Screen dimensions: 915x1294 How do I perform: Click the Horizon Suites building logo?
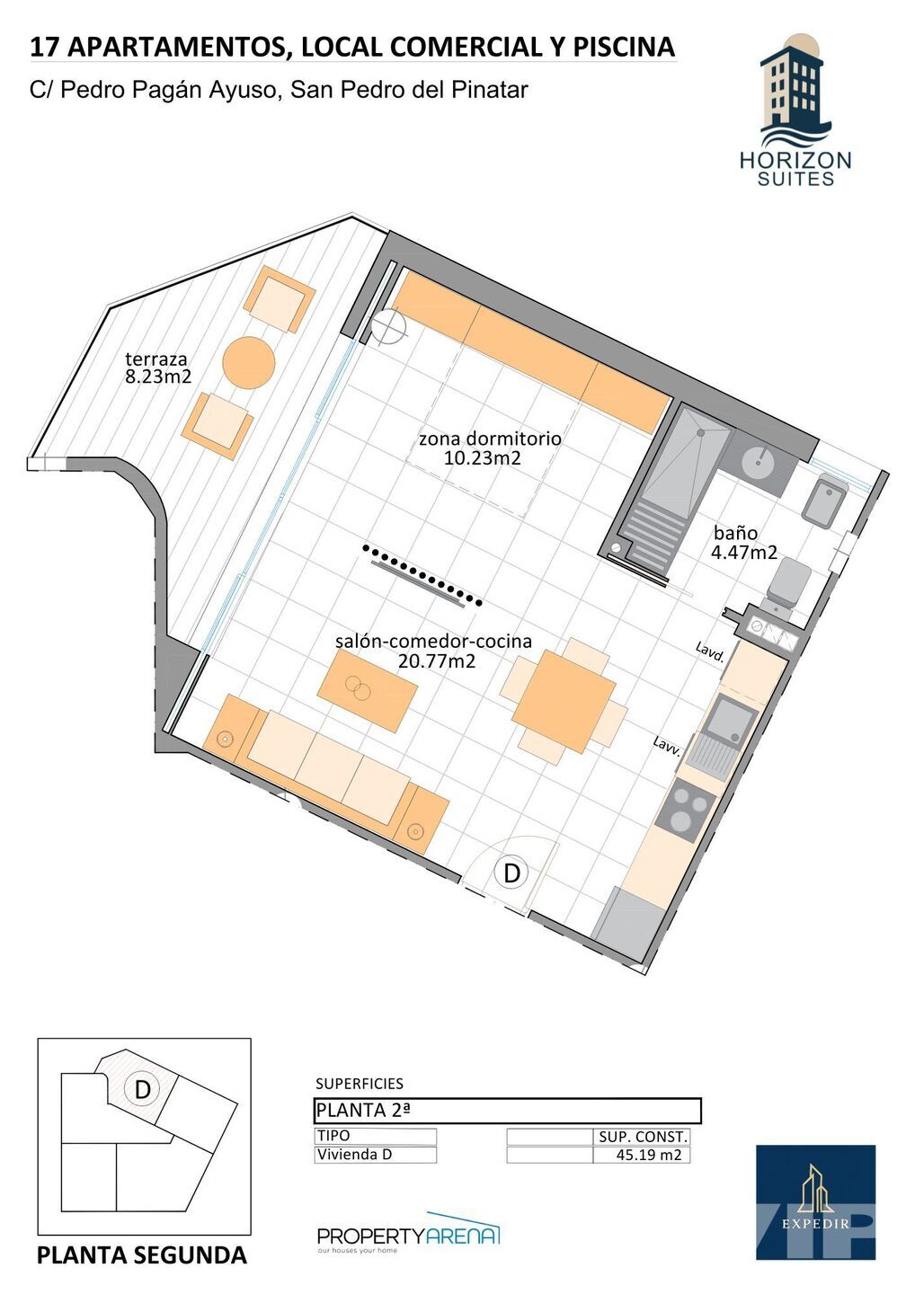click(x=795, y=111)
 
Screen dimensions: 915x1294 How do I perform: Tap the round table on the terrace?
click(x=248, y=363)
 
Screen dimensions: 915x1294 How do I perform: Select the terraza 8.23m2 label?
click(x=157, y=368)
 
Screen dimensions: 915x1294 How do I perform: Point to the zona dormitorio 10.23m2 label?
click(x=490, y=448)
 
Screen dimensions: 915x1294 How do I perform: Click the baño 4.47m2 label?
click(x=743, y=543)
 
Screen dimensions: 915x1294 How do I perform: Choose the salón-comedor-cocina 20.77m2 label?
click(x=434, y=651)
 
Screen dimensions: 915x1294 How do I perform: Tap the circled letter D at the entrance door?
click(x=511, y=873)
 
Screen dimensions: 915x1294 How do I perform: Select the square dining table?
click(x=564, y=701)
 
